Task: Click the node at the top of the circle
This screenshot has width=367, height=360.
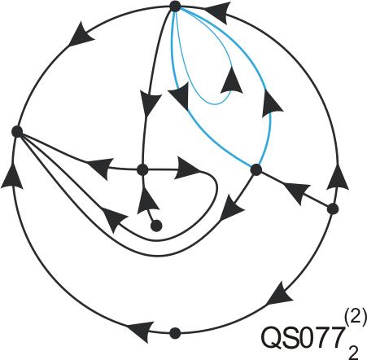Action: point(175,7)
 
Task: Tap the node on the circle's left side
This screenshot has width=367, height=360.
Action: point(17,132)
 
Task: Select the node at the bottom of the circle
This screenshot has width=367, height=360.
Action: point(175,333)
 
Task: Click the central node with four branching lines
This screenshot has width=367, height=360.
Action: point(142,170)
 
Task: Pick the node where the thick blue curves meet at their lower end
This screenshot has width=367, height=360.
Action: point(256,169)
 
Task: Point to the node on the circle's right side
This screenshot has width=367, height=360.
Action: point(333,209)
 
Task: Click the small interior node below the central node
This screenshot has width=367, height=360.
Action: point(156,226)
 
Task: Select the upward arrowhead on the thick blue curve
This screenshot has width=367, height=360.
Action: point(272,103)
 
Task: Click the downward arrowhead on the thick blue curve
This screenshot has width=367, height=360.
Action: point(180,96)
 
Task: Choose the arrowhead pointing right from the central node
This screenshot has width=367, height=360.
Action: point(187,168)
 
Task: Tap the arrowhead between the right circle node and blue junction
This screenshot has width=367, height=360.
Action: point(296,193)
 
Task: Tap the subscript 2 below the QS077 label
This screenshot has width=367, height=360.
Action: point(352,352)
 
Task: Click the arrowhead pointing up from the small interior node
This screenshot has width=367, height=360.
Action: point(146,200)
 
